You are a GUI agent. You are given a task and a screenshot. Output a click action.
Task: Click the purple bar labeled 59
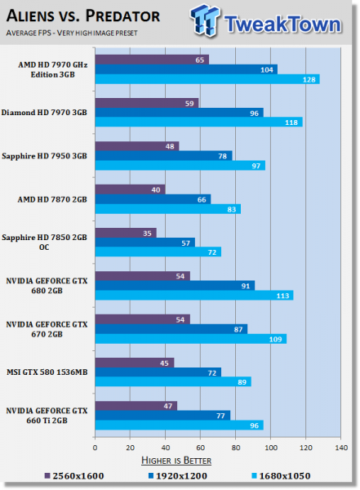tap(147, 103)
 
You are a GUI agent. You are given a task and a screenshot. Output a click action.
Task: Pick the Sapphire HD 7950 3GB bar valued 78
tap(163, 155)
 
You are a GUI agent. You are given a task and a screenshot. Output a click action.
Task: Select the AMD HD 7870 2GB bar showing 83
tap(167, 209)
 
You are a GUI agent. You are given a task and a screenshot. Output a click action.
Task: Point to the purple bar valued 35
tap(126, 232)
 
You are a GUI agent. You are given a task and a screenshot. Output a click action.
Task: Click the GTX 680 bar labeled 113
tap(194, 295)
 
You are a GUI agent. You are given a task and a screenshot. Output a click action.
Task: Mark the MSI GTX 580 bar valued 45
tap(135, 361)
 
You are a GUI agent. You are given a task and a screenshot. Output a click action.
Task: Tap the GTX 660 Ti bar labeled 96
tap(179, 425)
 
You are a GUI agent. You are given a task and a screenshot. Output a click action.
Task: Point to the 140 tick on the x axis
tap(341, 447)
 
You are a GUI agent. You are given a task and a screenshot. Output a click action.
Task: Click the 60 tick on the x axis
tap(201, 447)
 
